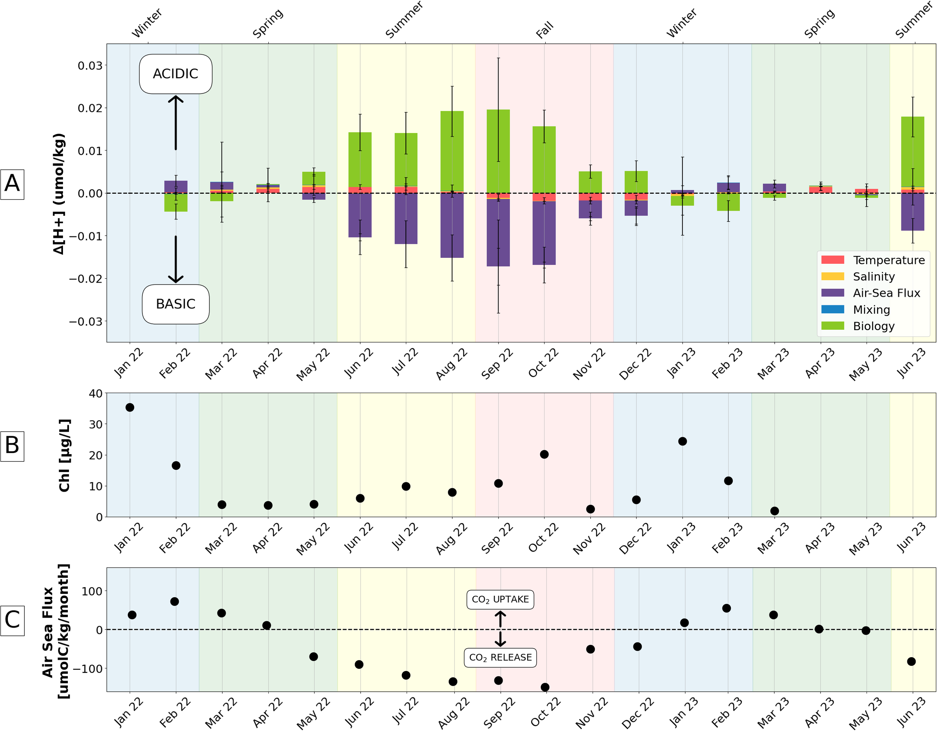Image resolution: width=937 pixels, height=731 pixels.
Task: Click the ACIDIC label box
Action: pyautogui.click(x=175, y=74)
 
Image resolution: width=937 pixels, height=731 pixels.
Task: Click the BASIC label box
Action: pyautogui.click(x=175, y=304)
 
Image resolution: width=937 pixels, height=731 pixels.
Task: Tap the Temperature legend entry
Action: pyautogui.click(x=888, y=260)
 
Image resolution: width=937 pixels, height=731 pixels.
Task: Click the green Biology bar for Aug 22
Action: pyautogui.click(x=452, y=150)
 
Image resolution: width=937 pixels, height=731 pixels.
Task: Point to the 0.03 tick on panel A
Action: pyautogui.click(x=90, y=66)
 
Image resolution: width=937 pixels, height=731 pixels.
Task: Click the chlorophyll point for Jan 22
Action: pyautogui.click(x=130, y=407)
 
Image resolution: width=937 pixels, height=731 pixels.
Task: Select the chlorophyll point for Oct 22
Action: pyautogui.click(x=544, y=454)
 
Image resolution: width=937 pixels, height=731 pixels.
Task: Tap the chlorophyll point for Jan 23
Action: pyautogui.click(x=682, y=441)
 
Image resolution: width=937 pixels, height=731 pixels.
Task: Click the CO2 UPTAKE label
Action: pyautogui.click(x=500, y=599)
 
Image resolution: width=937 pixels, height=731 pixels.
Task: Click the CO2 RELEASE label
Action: pyautogui.click(x=500, y=657)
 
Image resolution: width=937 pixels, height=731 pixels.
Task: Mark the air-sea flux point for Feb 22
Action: pyautogui.click(x=175, y=601)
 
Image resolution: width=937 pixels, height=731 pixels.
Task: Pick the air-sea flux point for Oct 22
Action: pyautogui.click(x=545, y=687)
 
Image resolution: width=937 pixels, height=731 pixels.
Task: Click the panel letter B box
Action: pyautogui.click(x=12, y=446)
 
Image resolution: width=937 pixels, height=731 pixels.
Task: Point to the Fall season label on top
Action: pyautogui.click(x=545, y=30)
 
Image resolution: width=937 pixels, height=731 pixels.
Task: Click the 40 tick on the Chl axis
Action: pyautogui.click(x=95, y=393)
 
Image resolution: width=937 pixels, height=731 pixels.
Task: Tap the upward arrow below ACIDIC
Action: pyautogui.click(x=175, y=122)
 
